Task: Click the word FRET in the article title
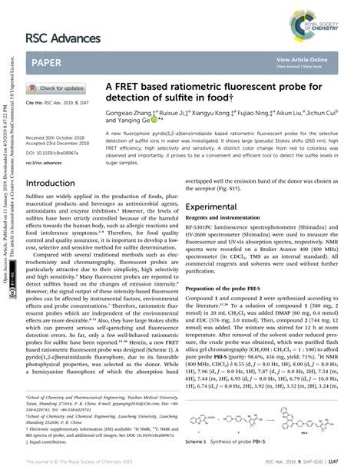click(x=134, y=87)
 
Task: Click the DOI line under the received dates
click(x=52, y=154)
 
